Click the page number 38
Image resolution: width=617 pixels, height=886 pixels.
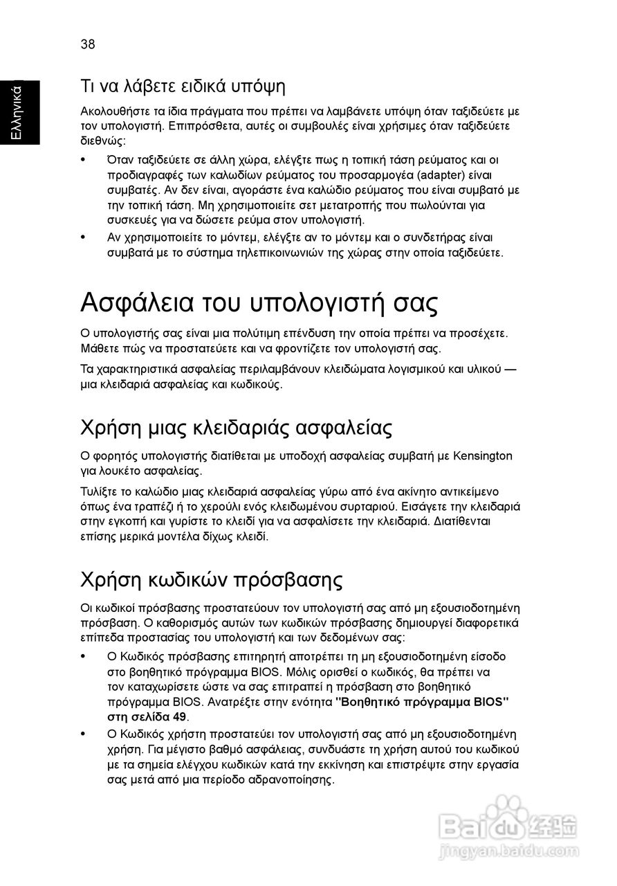tap(88, 44)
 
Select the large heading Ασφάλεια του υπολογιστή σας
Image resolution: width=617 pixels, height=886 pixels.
tap(259, 303)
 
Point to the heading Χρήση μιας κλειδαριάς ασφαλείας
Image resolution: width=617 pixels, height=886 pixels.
tap(237, 427)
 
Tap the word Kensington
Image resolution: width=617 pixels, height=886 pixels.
tap(485, 455)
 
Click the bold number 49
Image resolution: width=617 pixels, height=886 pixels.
tap(178, 716)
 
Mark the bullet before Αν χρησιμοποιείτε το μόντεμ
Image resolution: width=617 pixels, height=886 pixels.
tap(84, 237)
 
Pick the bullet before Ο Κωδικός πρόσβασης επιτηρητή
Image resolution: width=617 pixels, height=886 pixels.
tap(84, 656)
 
